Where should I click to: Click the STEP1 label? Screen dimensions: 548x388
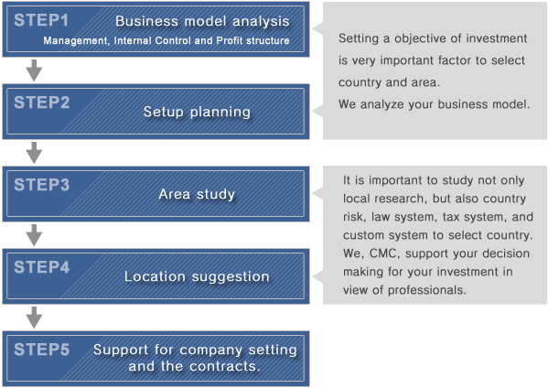[41, 20]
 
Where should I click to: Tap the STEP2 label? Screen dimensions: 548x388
[41, 102]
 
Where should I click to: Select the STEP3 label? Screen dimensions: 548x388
[41, 185]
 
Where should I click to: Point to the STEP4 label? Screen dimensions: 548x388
[41, 267]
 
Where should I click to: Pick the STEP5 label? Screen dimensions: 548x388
[41, 350]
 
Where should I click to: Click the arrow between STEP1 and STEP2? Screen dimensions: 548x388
[34, 70]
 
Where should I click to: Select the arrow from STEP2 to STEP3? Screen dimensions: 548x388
[34, 153]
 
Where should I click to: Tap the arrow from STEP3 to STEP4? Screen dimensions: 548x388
[34, 235]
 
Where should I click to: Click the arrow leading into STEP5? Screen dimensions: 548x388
[34, 318]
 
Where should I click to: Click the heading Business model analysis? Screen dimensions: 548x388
[202, 21]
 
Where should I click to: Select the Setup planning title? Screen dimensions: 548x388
[197, 112]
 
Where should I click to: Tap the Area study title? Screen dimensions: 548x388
[197, 194]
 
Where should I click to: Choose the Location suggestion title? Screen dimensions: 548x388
[197, 277]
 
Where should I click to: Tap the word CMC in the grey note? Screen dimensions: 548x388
[384, 253]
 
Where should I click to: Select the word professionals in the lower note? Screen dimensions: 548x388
[427, 290]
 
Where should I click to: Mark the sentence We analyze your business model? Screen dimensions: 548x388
[434, 104]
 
